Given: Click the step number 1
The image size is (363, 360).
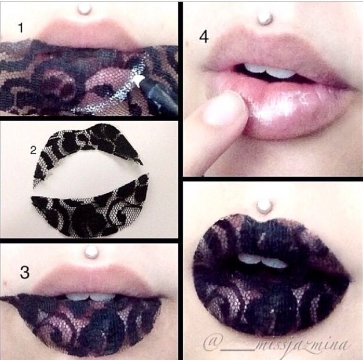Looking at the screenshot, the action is pyautogui.click(x=21, y=28).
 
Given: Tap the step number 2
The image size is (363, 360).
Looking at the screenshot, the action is pyautogui.click(x=34, y=151).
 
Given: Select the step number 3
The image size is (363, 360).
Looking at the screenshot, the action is pyautogui.click(x=24, y=272).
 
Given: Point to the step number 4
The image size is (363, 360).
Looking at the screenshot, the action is pyautogui.click(x=204, y=37).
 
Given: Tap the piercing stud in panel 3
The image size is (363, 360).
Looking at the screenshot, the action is pyautogui.click(x=91, y=252).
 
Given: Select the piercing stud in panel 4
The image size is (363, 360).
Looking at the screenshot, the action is pyautogui.click(x=265, y=19).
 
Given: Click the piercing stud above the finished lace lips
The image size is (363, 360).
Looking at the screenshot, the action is pyautogui.click(x=265, y=207).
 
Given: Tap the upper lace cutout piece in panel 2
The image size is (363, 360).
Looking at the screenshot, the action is pyautogui.click(x=88, y=148).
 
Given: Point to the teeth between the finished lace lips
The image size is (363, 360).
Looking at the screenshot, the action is pyautogui.click(x=262, y=261).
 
